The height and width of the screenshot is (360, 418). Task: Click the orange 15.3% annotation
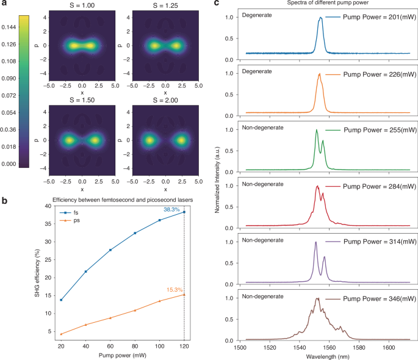pyautogui.click(x=175, y=290)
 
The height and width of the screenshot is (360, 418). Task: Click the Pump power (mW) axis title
pyautogui.click(x=122, y=356)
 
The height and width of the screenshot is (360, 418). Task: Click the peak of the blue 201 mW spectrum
pyautogui.click(x=321, y=18)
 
